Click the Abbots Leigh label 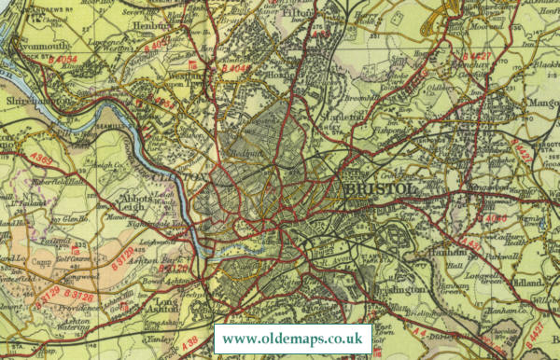(x=139, y=203)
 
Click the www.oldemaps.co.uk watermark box (x=293, y=338)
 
